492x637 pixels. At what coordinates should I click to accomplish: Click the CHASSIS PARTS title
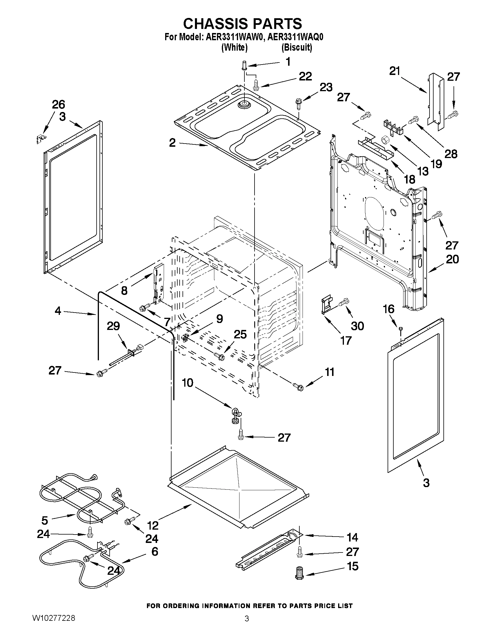click(x=242, y=23)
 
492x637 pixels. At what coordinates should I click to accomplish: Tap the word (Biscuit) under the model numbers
click(x=297, y=47)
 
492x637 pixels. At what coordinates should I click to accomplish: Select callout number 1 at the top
click(x=288, y=62)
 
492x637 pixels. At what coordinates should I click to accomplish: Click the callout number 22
click(x=305, y=76)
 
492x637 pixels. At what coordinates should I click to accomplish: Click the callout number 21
click(x=395, y=71)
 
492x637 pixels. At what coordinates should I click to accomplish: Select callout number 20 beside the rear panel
click(x=452, y=259)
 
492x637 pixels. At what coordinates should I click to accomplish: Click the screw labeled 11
click(x=298, y=387)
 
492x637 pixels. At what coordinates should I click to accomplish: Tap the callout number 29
click(x=113, y=326)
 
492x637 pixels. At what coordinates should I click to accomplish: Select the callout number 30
click(x=357, y=326)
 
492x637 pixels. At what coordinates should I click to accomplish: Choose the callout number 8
click(x=124, y=291)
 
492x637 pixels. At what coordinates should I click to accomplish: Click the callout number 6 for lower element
click(x=155, y=551)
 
